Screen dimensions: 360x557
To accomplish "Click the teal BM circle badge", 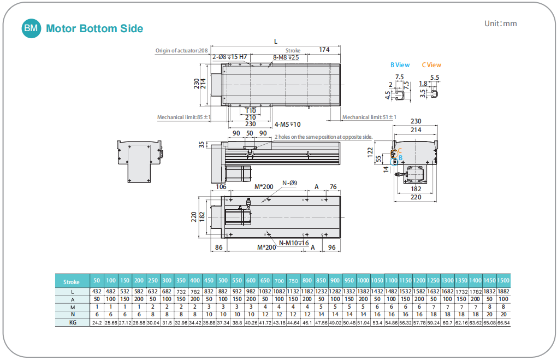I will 31,28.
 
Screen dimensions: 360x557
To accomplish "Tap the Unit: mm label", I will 500,23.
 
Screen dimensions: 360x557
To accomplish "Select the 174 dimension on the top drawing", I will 324,50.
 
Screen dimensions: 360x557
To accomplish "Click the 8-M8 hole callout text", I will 286,57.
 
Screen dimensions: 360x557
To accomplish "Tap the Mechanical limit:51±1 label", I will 369,117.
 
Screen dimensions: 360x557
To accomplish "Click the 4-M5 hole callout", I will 287,125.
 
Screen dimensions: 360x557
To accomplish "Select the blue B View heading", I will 400,65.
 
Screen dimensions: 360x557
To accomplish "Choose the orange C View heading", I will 431,65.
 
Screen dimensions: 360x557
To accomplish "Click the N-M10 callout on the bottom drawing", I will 294,243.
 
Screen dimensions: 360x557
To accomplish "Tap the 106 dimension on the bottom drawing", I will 221,187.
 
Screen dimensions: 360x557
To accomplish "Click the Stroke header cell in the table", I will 72,282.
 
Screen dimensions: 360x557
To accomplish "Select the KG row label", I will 72,323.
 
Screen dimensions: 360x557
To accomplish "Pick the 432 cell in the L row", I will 97,292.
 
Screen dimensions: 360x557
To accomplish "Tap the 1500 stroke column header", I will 503,281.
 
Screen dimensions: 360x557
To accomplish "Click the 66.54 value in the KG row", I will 503,323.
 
